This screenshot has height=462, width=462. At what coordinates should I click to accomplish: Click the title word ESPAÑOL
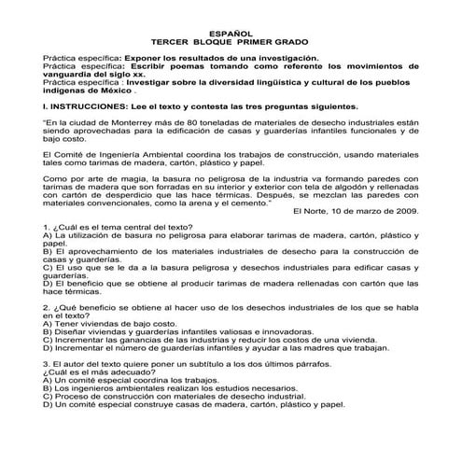[231, 34]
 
